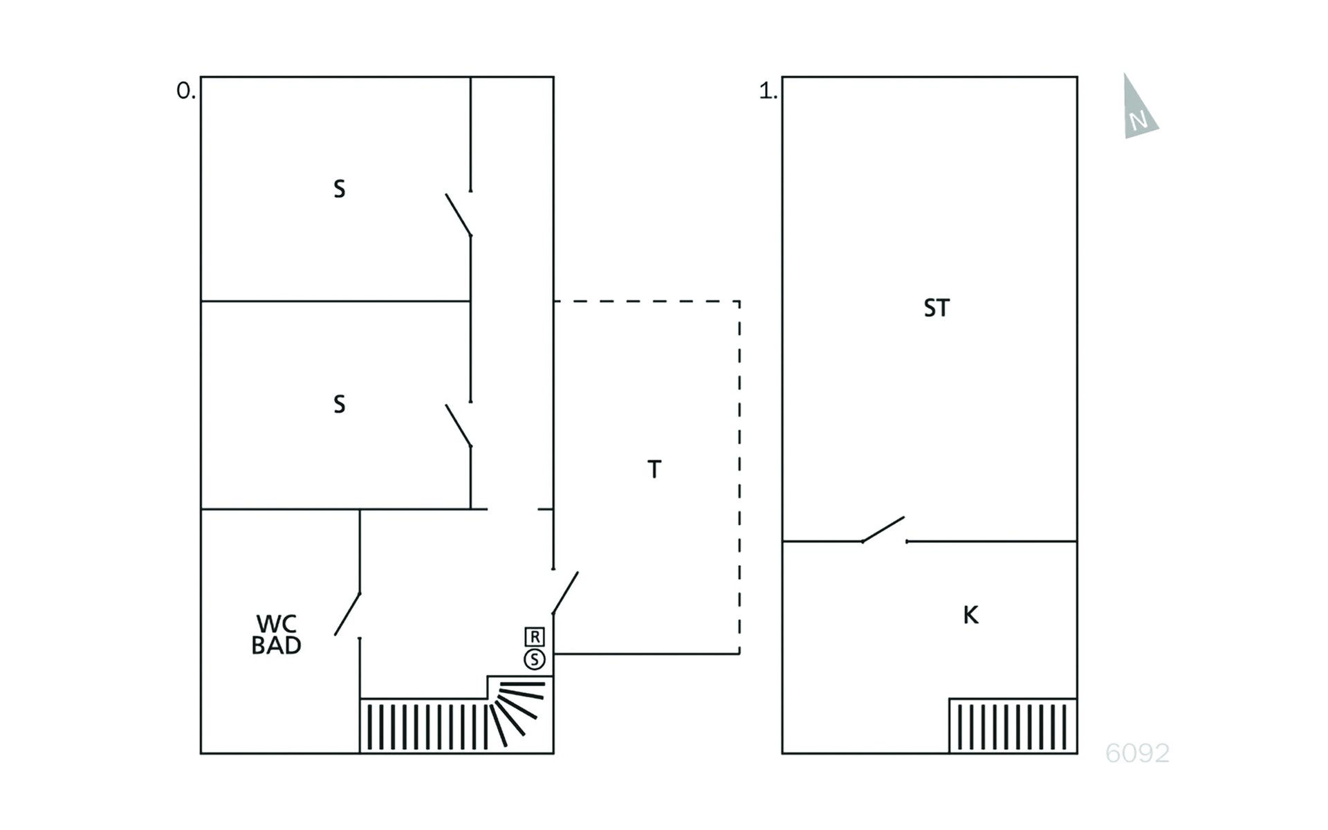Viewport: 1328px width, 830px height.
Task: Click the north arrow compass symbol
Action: click(x=1138, y=111)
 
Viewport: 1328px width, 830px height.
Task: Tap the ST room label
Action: click(x=937, y=308)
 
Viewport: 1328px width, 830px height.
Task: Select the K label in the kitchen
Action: click(x=970, y=615)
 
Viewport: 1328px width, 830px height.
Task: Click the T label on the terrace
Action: click(x=654, y=470)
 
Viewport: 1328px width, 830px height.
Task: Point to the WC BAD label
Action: click(x=276, y=634)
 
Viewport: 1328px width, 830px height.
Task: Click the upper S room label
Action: click(x=339, y=189)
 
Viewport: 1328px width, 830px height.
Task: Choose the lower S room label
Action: click(x=339, y=404)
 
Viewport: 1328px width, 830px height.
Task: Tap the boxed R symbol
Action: click(x=535, y=636)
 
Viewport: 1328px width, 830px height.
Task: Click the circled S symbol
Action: click(x=535, y=660)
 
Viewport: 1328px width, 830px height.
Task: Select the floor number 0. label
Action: click(x=186, y=91)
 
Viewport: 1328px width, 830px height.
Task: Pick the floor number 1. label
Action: click(x=768, y=91)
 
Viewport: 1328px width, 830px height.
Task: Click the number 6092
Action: click(x=1137, y=753)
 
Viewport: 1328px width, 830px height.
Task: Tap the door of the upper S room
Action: click(x=459, y=215)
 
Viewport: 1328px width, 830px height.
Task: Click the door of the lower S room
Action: click(x=459, y=425)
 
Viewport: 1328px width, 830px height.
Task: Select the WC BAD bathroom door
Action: click(x=347, y=614)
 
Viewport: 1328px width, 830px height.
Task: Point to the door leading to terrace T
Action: click(x=565, y=593)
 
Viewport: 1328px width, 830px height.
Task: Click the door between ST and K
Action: click(x=883, y=529)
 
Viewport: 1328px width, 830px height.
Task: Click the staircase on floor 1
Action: click(x=1013, y=726)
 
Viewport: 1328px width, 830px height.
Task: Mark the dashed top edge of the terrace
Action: click(x=647, y=301)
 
